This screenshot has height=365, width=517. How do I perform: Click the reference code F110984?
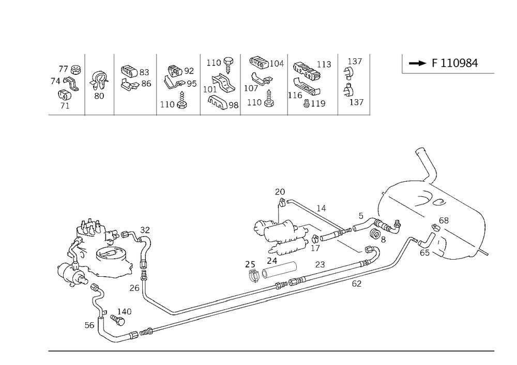pyautogui.click(x=455, y=64)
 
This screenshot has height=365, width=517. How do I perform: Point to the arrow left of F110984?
pyautogui.click(x=416, y=64)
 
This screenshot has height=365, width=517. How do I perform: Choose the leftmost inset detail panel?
pyautogui.click(x=66, y=85)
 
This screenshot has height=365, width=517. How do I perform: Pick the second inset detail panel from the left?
pyautogui.click(x=99, y=85)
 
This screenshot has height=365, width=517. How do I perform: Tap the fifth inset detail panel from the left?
pyautogui.click(x=221, y=85)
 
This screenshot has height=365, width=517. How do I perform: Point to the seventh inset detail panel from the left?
pyautogui.click(x=312, y=85)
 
